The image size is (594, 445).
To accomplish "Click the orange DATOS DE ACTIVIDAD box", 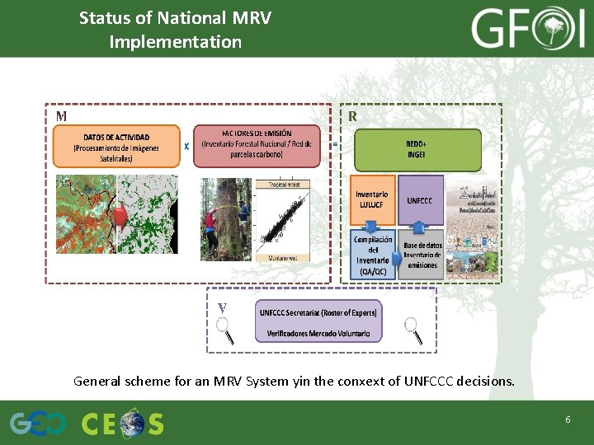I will [115, 146].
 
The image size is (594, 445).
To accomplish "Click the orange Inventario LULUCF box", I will [372, 200].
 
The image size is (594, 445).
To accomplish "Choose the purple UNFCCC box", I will [421, 200].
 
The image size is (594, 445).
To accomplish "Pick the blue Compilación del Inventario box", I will [372, 255].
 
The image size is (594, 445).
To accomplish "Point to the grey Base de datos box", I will [422, 255].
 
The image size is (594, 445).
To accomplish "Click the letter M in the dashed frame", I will [61, 117].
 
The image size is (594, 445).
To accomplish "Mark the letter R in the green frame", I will [352, 117].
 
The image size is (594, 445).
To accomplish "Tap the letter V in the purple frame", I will [221, 308].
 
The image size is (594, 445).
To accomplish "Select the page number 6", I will [568, 420].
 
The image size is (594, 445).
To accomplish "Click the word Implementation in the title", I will [175, 41].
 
